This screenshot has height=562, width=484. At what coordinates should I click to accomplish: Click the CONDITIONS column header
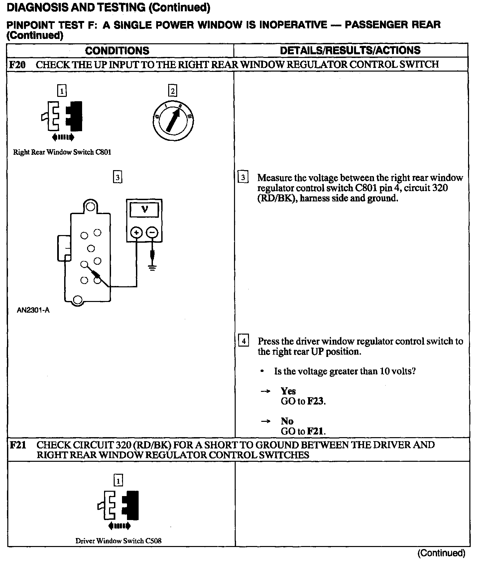[x=117, y=51]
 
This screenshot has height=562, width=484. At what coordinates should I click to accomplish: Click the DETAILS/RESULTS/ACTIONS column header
[x=350, y=50]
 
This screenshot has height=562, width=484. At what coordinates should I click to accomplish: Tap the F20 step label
[x=17, y=64]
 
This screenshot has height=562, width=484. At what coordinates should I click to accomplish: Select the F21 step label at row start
[x=18, y=445]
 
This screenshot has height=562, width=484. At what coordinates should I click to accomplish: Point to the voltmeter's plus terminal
[x=136, y=232]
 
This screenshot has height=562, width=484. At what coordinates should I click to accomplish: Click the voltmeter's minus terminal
[x=152, y=232]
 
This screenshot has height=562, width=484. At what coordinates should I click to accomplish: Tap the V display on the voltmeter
[x=145, y=209]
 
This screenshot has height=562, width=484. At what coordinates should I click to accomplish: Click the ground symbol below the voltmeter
[x=152, y=267]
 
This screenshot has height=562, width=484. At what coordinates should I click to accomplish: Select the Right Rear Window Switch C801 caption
[x=62, y=152]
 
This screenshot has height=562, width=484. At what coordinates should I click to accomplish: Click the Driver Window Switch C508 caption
[x=118, y=541]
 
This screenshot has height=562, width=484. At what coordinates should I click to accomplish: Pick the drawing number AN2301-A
[x=33, y=311]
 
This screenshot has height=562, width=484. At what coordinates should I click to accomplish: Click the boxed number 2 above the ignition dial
[x=173, y=91]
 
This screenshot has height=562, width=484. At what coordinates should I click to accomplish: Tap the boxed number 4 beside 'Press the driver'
[x=244, y=341]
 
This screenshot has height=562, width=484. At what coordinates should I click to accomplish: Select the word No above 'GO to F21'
[x=287, y=421]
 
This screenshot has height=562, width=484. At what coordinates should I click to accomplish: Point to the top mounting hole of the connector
[x=90, y=207]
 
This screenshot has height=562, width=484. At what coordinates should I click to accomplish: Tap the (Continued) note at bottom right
[x=441, y=553]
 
